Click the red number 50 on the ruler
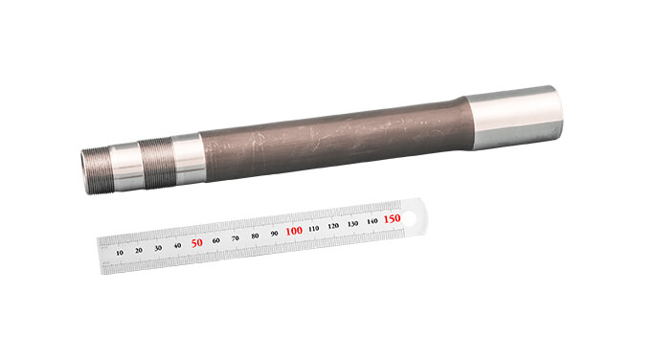tap(196, 242)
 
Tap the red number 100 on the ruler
tap(294, 231)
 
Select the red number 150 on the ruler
tap(392, 218)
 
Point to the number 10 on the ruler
tap(120, 253)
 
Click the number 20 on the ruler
tap(139, 250)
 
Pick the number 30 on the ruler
tap(158, 248)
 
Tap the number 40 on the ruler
tap(177, 245)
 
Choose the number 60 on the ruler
tap(216, 240)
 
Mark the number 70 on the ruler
tap(236, 238)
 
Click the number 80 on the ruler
tap(255, 236)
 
